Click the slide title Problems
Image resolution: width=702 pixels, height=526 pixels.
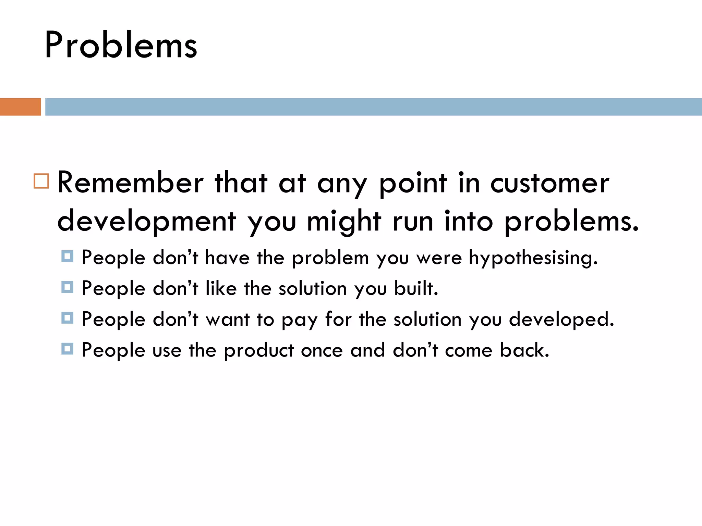point(121,46)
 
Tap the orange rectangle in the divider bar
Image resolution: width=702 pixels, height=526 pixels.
point(20,107)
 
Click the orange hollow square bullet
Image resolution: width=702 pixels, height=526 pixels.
point(41,181)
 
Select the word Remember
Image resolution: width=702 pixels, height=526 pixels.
point(130,183)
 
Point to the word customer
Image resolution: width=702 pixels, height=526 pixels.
point(549,184)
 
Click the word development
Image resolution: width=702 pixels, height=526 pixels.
point(147,221)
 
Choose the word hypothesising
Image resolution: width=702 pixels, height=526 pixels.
point(533,258)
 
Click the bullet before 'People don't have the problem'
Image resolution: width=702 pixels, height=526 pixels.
point(67,256)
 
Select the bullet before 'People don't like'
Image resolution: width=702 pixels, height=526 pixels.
point(67,287)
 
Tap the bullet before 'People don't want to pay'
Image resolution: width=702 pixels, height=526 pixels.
point(67,318)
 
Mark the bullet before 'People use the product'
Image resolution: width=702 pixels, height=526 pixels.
point(67,349)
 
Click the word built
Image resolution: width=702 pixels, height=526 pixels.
point(416,288)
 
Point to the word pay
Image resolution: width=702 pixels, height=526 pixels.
point(299,321)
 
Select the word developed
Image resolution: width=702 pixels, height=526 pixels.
point(561,320)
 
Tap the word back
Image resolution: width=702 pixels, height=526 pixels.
point(524,350)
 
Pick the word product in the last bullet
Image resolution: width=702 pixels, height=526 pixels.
point(259,351)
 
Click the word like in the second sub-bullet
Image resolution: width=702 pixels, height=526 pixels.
point(221,288)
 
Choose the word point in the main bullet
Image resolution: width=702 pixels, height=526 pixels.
point(413,184)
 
